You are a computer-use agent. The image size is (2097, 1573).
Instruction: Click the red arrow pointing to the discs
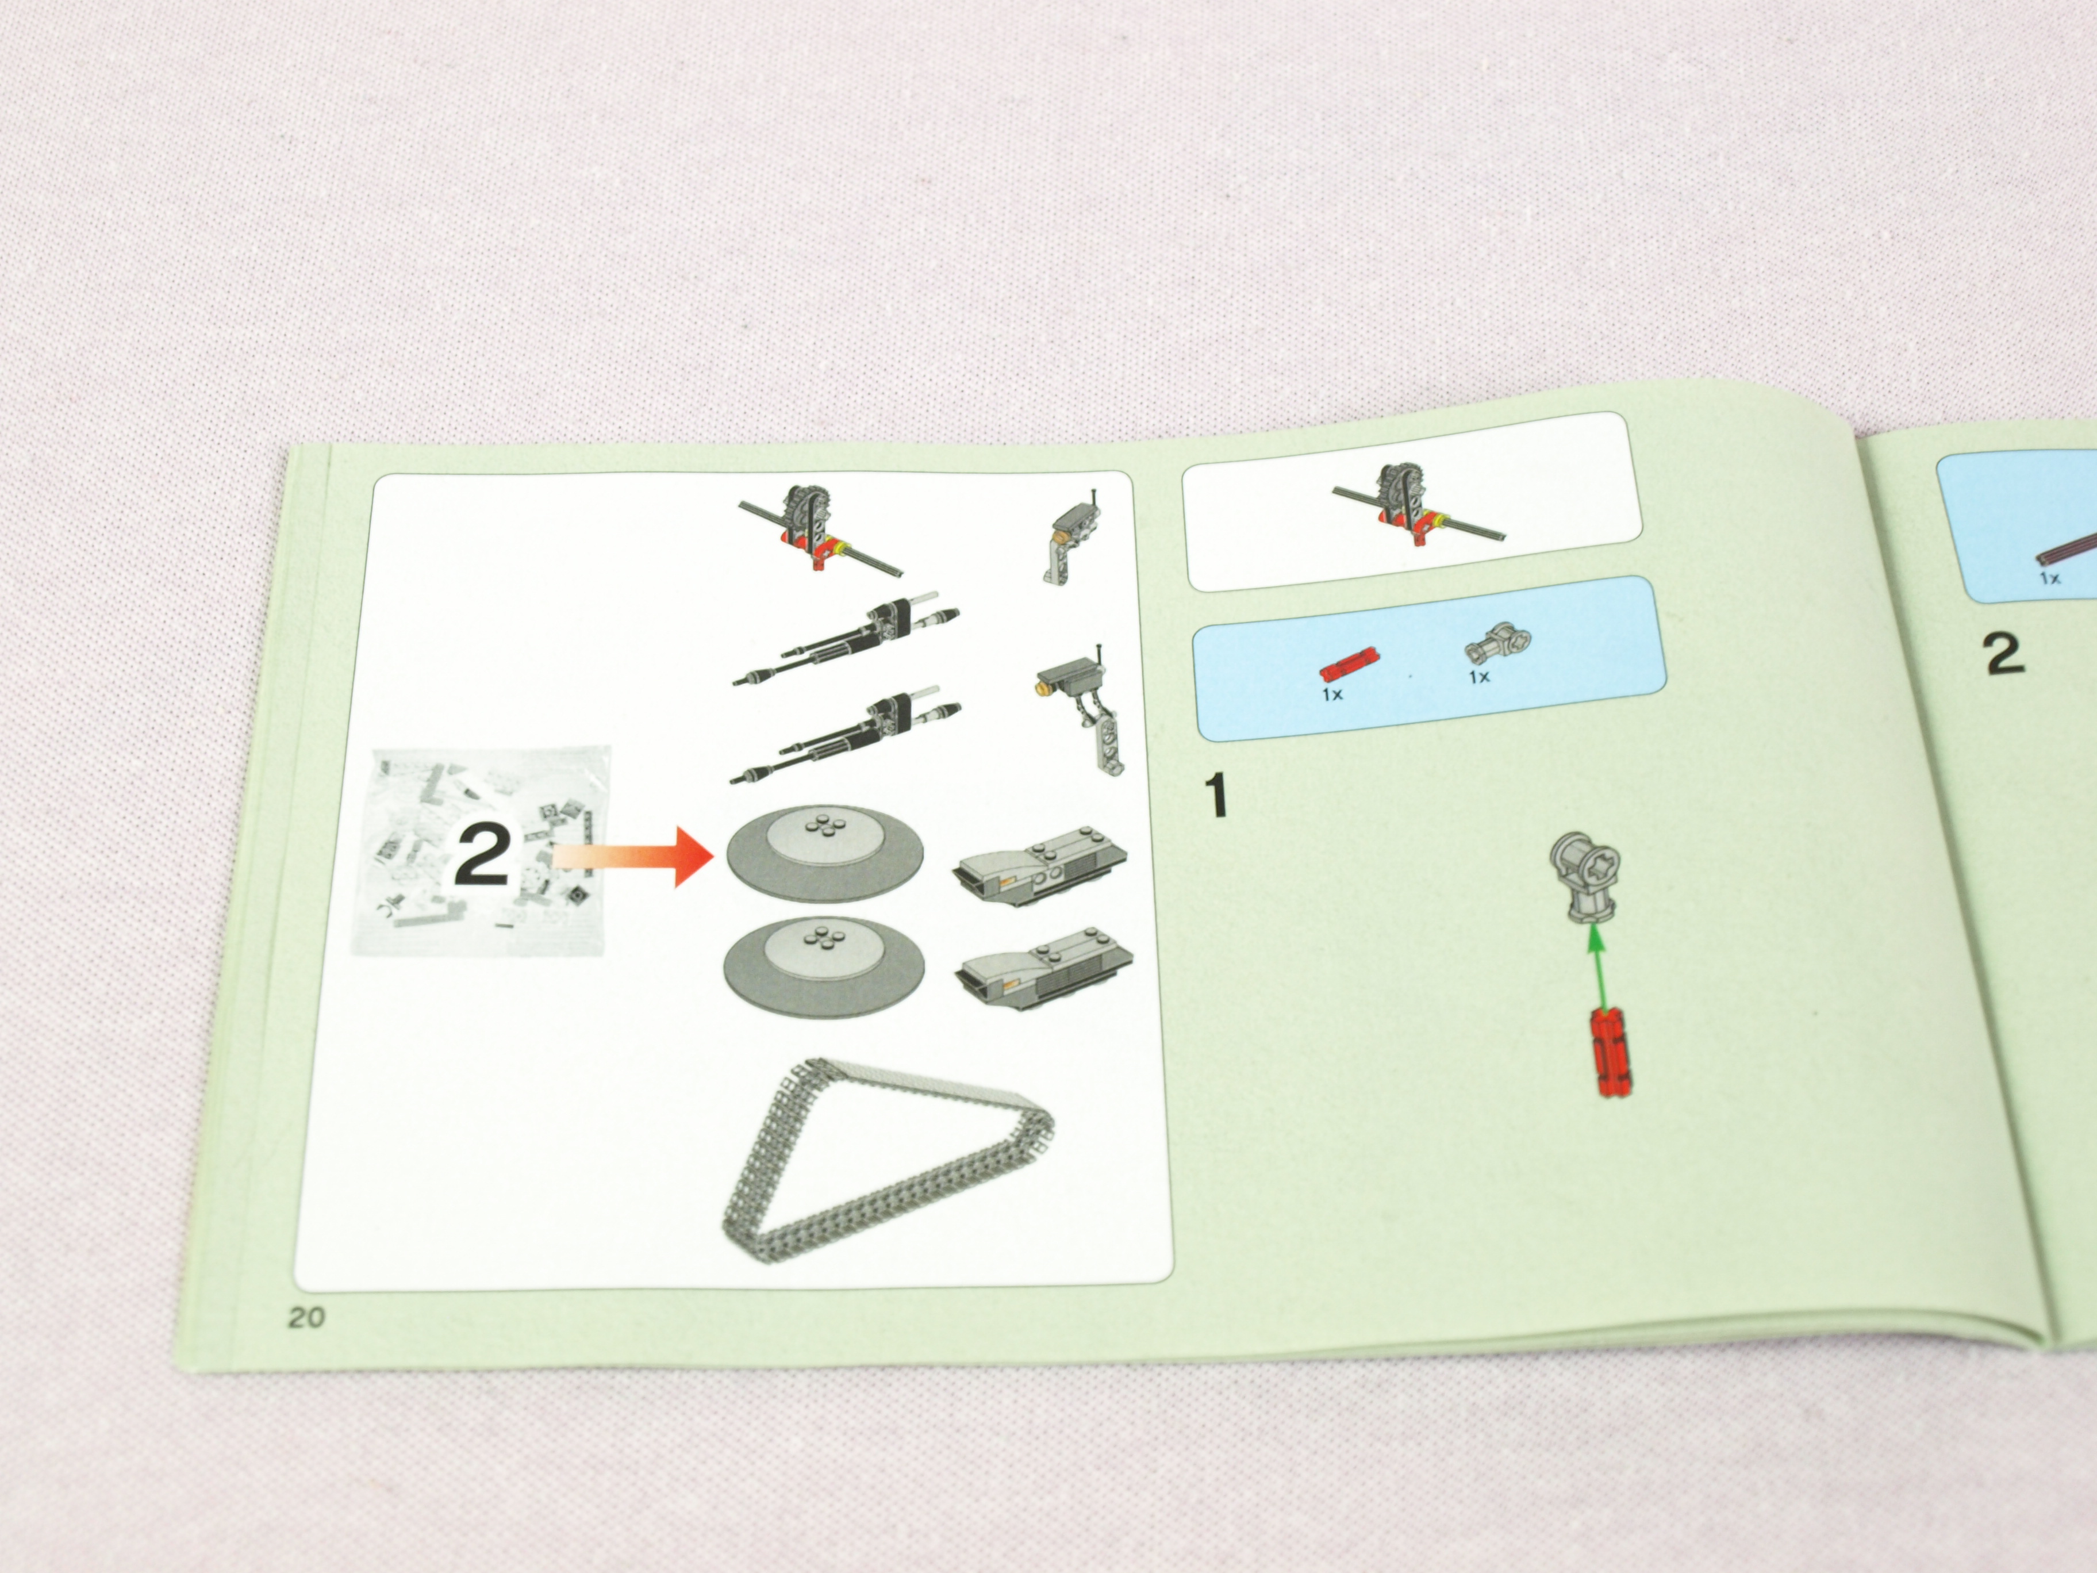(631, 855)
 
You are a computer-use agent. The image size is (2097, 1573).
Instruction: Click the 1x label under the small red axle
(1332, 695)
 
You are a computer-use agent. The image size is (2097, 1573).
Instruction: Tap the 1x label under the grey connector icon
(1480, 676)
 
